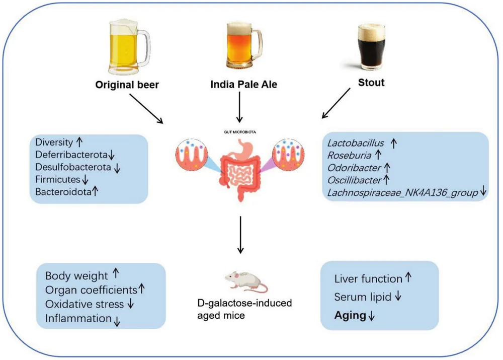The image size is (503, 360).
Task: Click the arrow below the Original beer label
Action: point(146,108)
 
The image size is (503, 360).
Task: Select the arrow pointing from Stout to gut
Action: point(336,103)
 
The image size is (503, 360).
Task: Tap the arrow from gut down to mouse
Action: point(240,234)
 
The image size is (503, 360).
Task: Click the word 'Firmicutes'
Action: point(58,179)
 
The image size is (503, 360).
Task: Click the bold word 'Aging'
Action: point(351,316)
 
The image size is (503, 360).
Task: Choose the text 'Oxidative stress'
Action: point(84,304)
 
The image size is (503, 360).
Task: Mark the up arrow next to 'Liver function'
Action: point(408,277)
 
